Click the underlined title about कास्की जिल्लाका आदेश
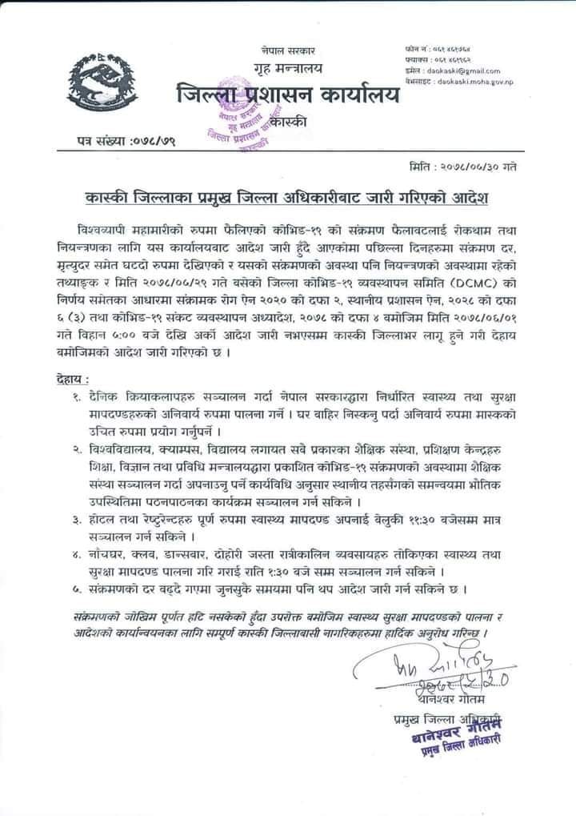288,196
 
